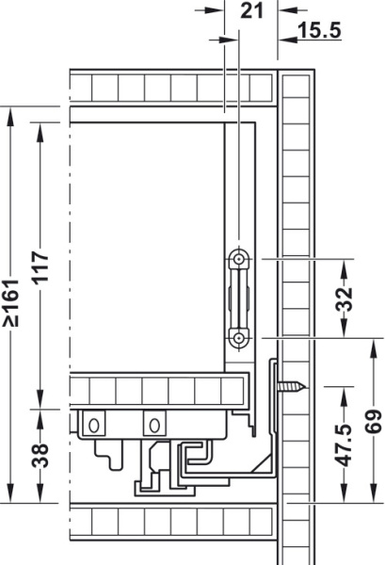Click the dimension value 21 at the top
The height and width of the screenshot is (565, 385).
[x=251, y=11]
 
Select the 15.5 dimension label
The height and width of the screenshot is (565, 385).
[x=318, y=30]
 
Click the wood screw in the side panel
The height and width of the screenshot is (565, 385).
[x=294, y=385]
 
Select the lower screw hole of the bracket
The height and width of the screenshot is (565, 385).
[x=240, y=337]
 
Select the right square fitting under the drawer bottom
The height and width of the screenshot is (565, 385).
[x=151, y=425]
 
